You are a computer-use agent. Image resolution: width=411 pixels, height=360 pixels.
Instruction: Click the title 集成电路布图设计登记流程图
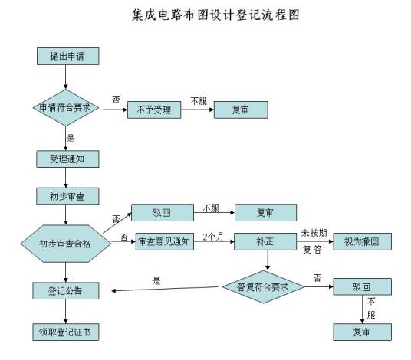205,15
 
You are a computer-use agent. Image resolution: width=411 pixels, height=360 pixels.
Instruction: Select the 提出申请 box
67,57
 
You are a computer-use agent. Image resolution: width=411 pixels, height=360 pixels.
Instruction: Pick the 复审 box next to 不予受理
240,110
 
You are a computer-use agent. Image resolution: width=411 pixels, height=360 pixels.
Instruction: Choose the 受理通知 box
67,159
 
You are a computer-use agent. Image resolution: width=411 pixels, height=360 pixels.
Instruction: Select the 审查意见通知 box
163,241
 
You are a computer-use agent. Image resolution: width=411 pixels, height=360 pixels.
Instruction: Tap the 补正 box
265,241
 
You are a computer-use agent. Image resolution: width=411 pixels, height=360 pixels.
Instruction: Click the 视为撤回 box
362,241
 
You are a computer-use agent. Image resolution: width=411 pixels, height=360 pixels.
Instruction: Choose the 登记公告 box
67,291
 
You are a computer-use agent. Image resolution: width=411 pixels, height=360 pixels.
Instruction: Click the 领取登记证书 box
67,332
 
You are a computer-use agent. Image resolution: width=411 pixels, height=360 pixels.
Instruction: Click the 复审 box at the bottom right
362,332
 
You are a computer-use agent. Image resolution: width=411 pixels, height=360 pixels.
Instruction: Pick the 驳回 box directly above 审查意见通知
162,211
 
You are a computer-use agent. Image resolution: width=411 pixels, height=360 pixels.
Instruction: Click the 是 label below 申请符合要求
71,138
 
